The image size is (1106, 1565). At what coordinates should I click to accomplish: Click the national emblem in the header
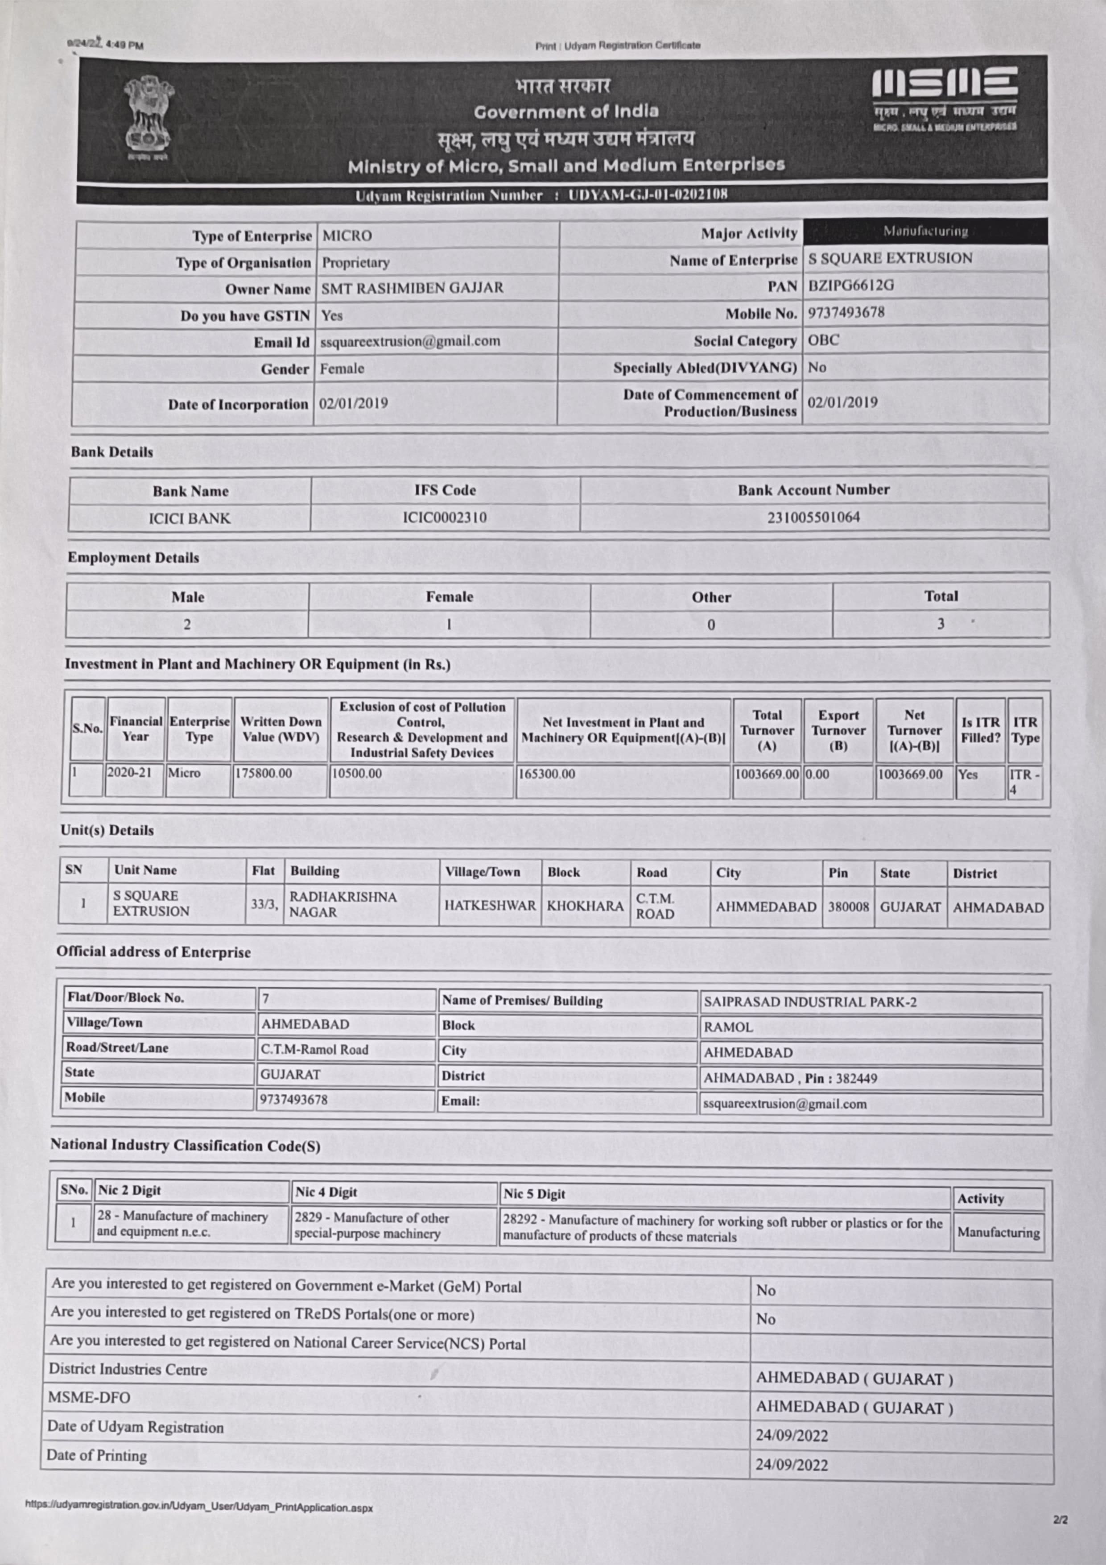point(148,117)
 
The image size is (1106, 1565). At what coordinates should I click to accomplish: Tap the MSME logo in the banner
point(945,99)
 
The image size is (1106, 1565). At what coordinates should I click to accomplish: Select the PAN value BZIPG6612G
point(851,286)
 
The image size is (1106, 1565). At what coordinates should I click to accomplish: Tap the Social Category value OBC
point(824,339)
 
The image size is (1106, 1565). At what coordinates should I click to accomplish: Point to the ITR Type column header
point(1025,729)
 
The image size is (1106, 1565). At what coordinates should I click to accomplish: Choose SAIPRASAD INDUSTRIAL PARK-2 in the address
point(809,1002)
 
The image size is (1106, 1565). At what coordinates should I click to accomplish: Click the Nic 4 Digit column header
point(326,1192)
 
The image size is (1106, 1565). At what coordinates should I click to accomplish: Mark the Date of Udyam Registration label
point(135,1427)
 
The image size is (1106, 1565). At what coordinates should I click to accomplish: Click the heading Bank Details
point(112,452)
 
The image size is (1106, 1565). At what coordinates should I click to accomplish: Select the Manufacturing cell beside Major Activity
point(925,231)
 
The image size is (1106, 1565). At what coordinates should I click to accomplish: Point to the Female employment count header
point(449,597)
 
